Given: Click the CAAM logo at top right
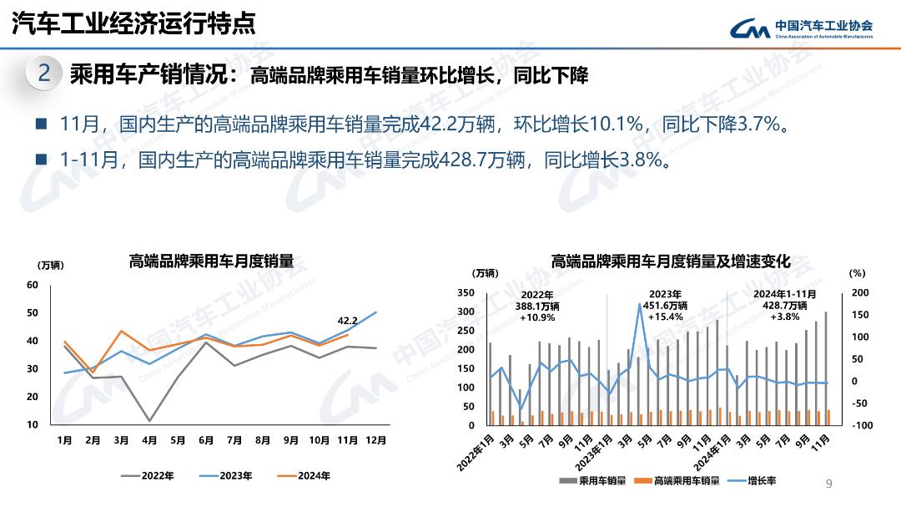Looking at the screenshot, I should click(801, 29).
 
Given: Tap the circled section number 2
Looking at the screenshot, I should click(44, 74).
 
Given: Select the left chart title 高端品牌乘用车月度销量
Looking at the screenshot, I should click(211, 261).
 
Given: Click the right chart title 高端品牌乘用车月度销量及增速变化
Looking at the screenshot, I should click(670, 261).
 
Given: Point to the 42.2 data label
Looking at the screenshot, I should click(347, 320).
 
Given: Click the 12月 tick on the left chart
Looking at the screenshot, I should click(376, 440).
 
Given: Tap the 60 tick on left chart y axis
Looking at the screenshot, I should click(33, 285).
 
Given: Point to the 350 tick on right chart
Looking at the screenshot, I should click(466, 293).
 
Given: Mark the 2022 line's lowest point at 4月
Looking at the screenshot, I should click(150, 421).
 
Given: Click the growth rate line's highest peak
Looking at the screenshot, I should click(640, 304).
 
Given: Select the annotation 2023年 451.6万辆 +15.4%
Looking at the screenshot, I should click(665, 306).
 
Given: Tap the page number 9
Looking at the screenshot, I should click(828, 484).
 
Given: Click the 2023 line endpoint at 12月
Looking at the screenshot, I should click(376, 312).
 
